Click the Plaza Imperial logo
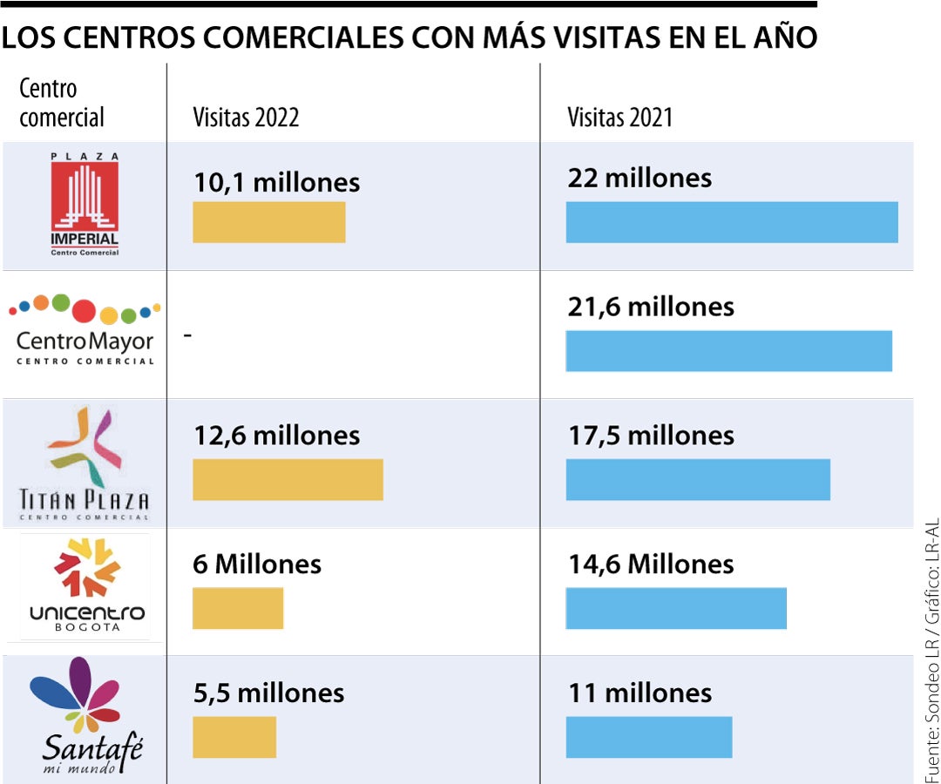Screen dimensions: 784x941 pyautogui.click(x=85, y=205)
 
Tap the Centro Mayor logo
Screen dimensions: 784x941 pyautogui.click(x=85, y=331)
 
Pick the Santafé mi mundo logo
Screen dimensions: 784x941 pyautogui.click(x=85, y=716)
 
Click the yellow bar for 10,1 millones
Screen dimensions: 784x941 pyautogui.click(x=268, y=222)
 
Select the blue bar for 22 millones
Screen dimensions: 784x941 pyautogui.click(x=732, y=222)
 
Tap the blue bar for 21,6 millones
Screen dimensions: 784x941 pyautogui.click(x=728, y=351)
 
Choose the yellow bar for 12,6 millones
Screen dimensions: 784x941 pyautogui.click(x=288, y=480)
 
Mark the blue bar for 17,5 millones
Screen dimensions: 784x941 pyautogui.click(x=698, y=480)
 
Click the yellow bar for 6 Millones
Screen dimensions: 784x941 pyautogui.click(x=238, y=608)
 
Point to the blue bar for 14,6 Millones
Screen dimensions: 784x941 pyautogui.click(x=676, y=608)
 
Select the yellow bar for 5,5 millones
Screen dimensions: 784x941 pyautogui.click(x=234, y=737)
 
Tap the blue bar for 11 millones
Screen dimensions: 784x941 pyautogui.click(x=649, y=737)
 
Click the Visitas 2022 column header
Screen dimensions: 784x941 pyautogui.click(x=246, y=118)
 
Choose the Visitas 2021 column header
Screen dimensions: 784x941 pyautogui.click(x=620, y=118)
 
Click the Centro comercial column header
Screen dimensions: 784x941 pyautogui.click(x=61, y=103)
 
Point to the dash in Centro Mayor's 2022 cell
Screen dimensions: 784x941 pyautogui.click(x=187, y=335)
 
